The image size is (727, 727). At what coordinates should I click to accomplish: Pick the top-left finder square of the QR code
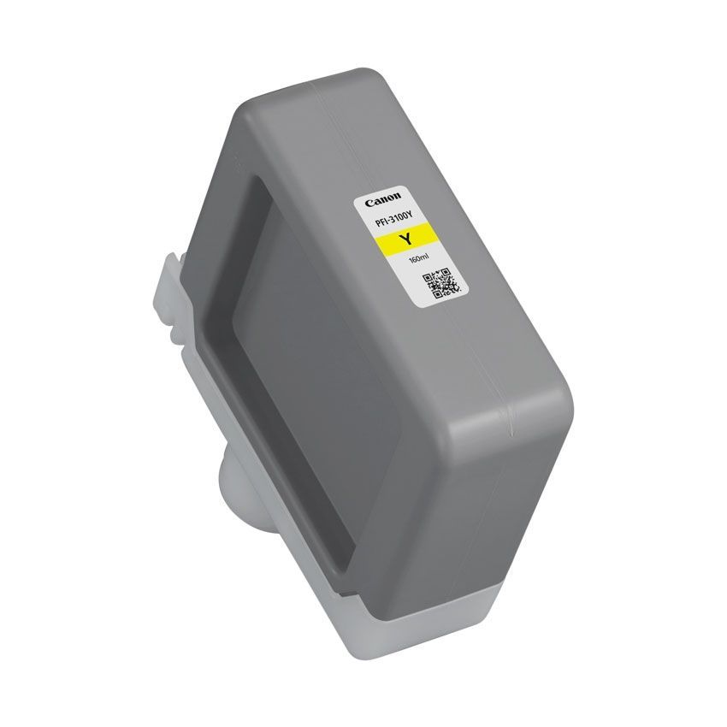(x=429, y=276)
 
